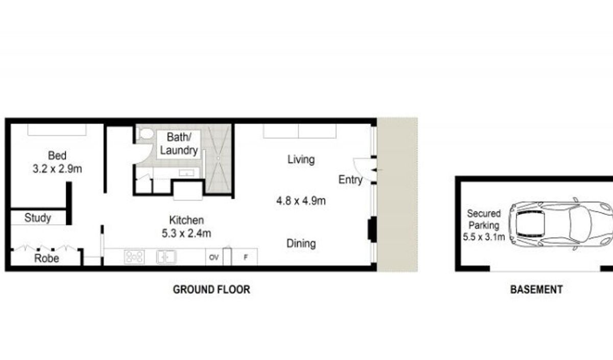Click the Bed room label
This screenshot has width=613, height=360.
[x=57, y=156]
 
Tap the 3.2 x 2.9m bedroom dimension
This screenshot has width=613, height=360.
[x=57, y=169]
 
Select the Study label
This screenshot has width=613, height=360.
[x=38, y=218]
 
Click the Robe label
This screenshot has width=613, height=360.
[x=46, y=258]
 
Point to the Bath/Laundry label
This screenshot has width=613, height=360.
[x=179, y=144]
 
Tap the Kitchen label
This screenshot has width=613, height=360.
[x=186, y=220]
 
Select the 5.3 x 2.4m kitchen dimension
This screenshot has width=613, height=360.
[x=186, y=233]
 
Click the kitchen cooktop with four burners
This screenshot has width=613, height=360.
[x=134, y=257]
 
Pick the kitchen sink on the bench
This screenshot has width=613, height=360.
[x=167, y=257]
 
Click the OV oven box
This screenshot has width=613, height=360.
[x=214, y=257]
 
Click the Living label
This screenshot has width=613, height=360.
[x=301, y=159]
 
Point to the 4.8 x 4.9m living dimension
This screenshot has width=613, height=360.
[x=301, y=201]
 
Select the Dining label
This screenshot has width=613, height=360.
[x=301, y=244]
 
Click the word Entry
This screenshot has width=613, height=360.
[x=350, y=180]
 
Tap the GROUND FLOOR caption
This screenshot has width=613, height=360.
[x=211, y=290]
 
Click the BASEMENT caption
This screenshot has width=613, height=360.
[x=536, y=290]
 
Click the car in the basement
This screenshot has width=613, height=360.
[x=560, y=224]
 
